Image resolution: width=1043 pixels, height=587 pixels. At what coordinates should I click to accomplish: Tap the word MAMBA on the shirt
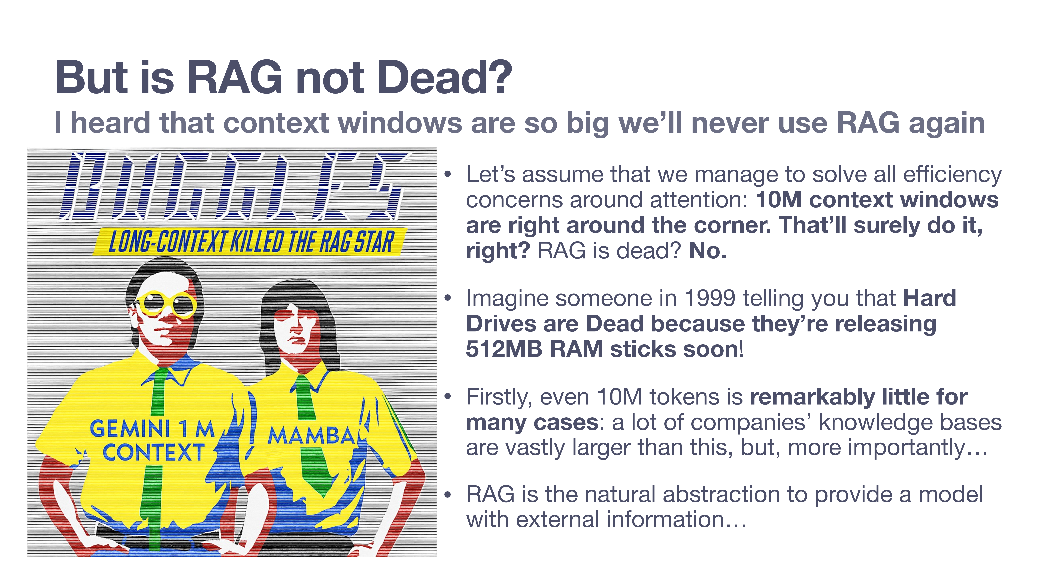(312, 436)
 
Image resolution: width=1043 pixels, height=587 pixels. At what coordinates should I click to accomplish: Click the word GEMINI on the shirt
(130, 429)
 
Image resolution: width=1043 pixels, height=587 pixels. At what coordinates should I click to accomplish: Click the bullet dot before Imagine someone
(447, 299)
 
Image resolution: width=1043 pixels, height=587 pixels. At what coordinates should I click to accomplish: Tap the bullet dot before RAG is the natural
(447, 495)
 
